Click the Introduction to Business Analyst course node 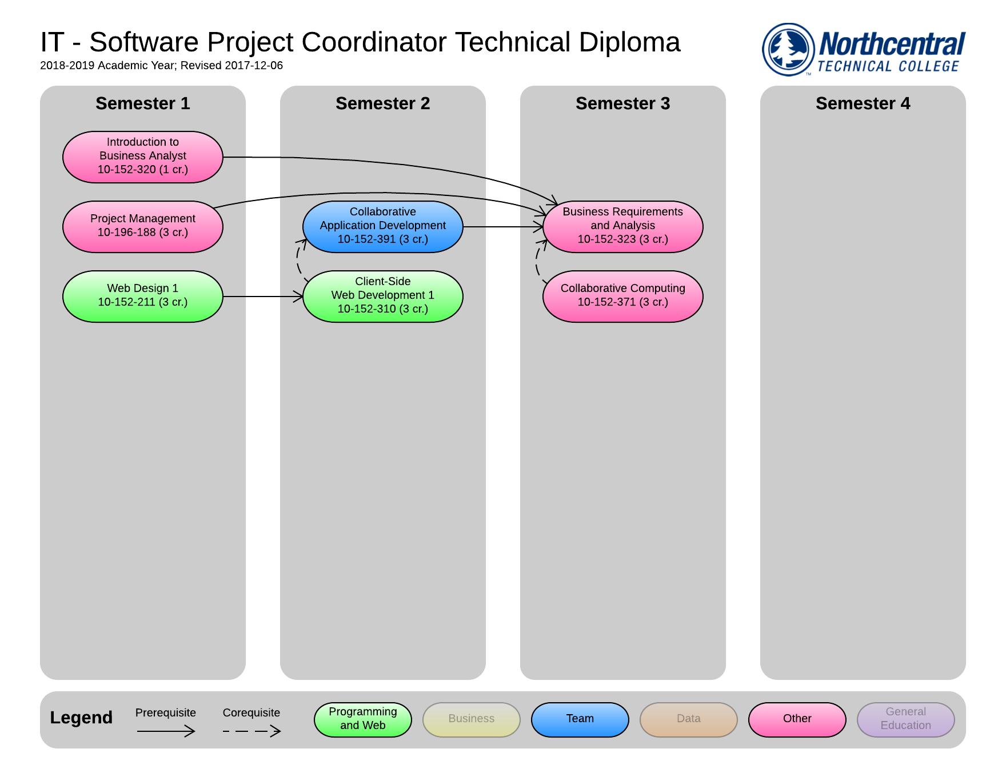click(x=142, y=157)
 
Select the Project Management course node click(x=142, y=226)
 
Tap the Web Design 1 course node click(x=142, y=296)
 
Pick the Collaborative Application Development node click(x=382, y=226)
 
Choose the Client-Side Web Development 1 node click(x=382, y=296)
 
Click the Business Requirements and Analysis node click(x=622, y=226)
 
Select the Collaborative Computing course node click(x=622, y=296)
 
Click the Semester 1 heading click(x=142, y=103)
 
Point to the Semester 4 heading click(x=863, y=103)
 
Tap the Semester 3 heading click(x=622, y=103)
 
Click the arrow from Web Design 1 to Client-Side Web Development click(x=263, y=297)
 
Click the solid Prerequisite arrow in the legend click(x=166, y=731)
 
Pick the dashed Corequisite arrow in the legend click(x=251, y=731)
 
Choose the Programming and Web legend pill click(x=362, y=719)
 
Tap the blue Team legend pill click(x=580, y=719)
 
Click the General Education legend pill click(x=905, y=719)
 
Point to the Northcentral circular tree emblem click(x=788, y=49)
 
